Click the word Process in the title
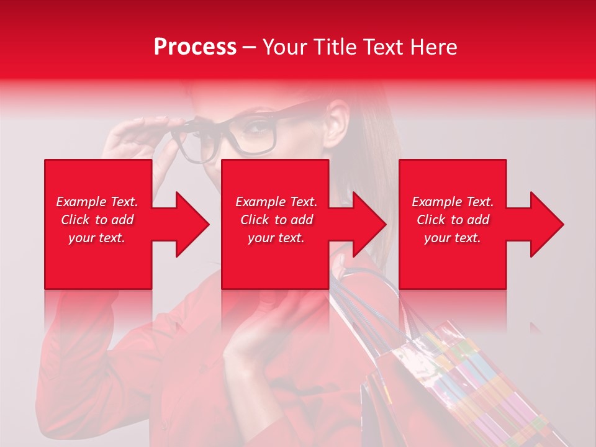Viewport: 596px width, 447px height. [x=195, y=47]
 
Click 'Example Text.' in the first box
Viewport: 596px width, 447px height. [x=97, y=202]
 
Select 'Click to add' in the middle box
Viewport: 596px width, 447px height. [x=276, y=220]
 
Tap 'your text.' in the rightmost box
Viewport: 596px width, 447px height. [x=453, y=238]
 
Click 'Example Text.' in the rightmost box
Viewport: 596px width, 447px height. [x=453, y=202]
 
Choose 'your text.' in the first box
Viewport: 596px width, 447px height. [x=97, y=238]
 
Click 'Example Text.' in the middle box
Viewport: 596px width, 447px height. [x=276, y=202]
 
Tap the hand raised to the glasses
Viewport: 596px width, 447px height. [x=133, y=140]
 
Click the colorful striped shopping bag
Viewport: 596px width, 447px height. [x=459, y=385]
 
